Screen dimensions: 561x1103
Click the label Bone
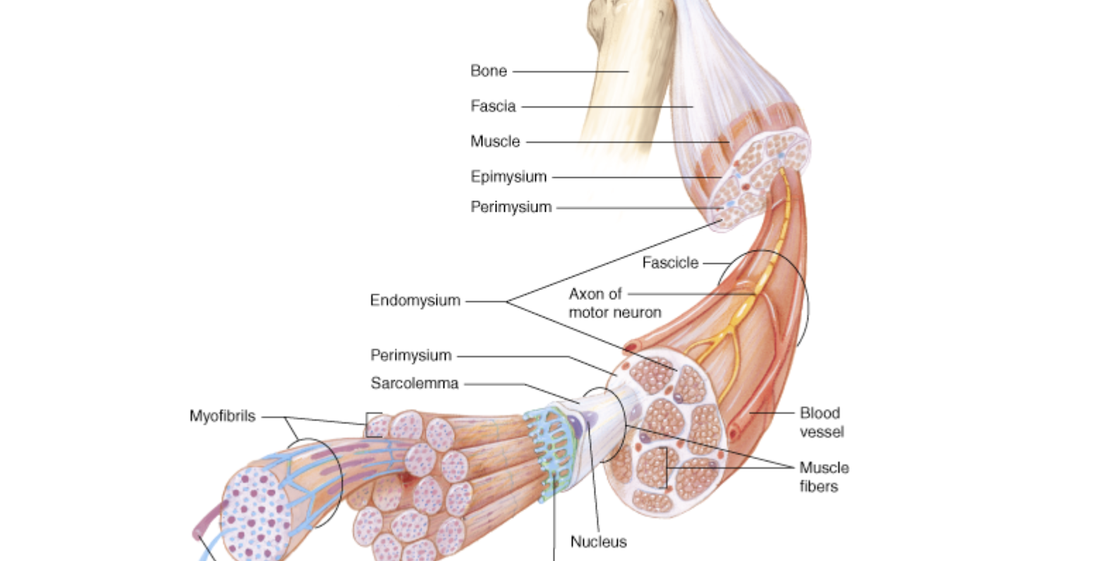[489, 71]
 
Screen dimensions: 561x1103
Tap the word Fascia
[493, 106]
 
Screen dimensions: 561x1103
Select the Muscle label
[495, 141]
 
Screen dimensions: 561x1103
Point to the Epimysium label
[508, 176]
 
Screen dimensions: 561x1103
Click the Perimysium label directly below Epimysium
[511, 207]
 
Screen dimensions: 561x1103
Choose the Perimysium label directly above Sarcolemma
[410, 355]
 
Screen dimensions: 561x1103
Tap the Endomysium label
[415, 301]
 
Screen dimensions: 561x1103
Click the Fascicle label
[669, 263]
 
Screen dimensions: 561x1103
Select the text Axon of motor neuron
[614, 303]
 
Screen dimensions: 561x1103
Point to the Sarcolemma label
[414, 383]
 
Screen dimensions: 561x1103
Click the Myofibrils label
[222, 416]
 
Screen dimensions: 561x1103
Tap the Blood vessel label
[821, 422]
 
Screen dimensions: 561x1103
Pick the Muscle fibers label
[823, 476]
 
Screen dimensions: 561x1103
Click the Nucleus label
[598, 542]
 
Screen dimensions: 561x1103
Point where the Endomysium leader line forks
[507, 301]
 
